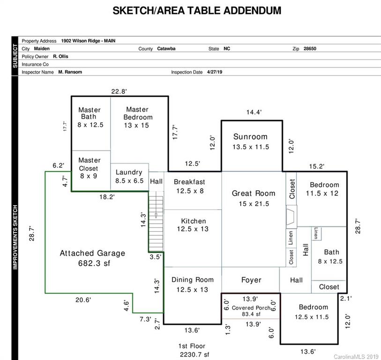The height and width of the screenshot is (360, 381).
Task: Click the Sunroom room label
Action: (250, 136)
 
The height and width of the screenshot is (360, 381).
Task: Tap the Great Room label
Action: (254, 193)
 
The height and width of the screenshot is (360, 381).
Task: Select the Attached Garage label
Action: (92, 253)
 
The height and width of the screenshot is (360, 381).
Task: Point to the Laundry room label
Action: (129, 172)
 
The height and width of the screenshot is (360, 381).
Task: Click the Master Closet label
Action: (89, 165)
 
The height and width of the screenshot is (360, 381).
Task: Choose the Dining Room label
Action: (193, 280)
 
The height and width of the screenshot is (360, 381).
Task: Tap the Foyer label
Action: (251, 280)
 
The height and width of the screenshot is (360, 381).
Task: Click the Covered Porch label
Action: (251, 308)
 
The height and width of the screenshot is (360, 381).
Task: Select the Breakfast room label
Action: (189, 182)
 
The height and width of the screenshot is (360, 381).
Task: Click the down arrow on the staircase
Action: (156, 215)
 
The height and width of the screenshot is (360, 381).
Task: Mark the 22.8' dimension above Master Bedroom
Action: (119, 91)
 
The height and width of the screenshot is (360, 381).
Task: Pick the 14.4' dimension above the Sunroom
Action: (254, 112)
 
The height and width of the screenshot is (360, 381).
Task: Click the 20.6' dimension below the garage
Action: (83, 300)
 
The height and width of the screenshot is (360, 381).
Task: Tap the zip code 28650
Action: (310, 49)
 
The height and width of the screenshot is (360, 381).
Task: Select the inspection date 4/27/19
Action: (215, 72)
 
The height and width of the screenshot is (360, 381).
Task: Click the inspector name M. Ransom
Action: (70, 72)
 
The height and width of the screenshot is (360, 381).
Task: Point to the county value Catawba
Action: (166, 49)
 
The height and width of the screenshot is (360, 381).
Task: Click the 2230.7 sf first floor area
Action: (194, 355)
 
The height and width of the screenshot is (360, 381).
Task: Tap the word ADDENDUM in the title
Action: (252, 11)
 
